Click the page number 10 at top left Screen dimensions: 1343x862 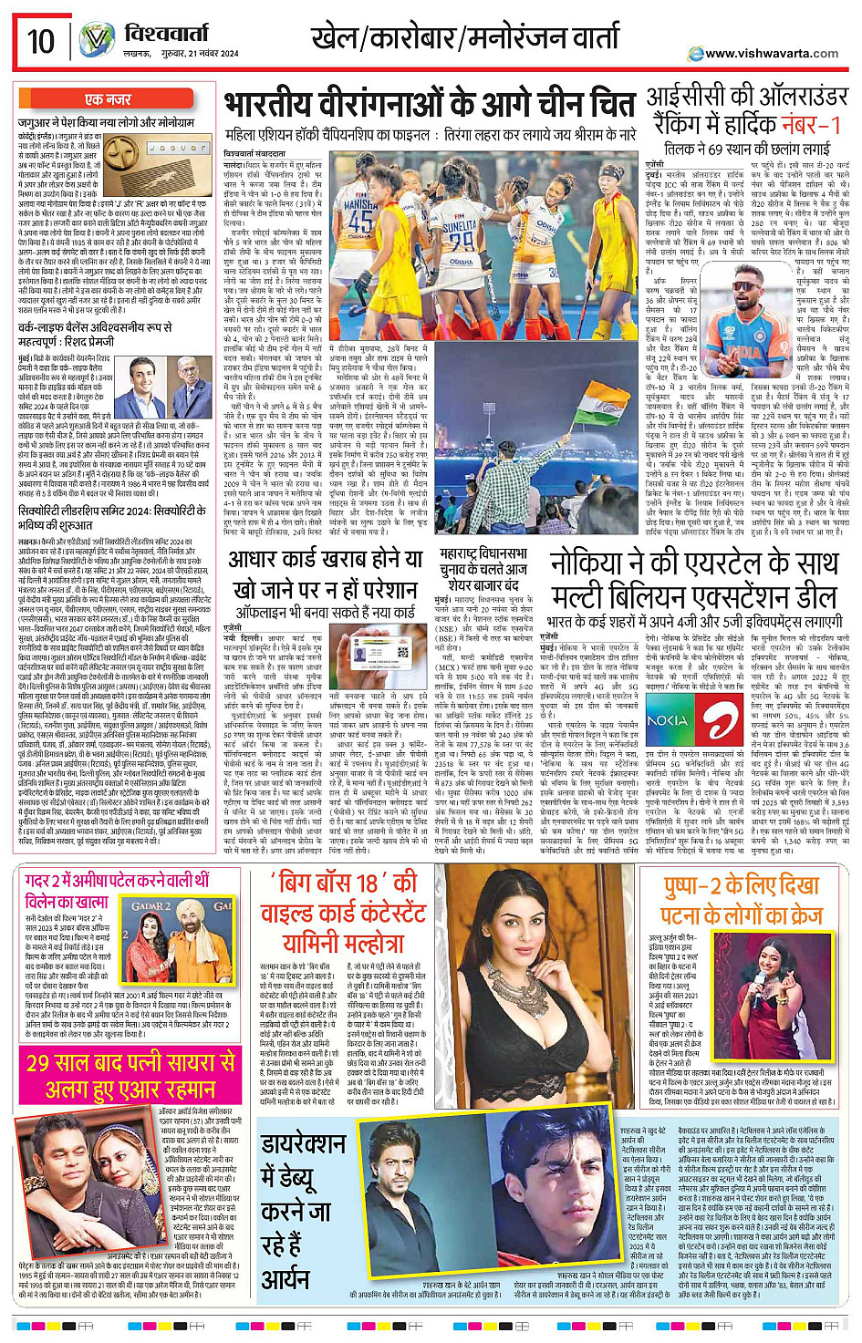tap(40, 41)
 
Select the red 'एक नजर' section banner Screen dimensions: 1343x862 tap(108, 99)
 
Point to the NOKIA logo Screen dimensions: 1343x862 tap(667, 720)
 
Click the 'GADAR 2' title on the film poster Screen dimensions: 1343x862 tap(152, 906)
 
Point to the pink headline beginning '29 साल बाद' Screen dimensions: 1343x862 tap(130, 1062)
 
